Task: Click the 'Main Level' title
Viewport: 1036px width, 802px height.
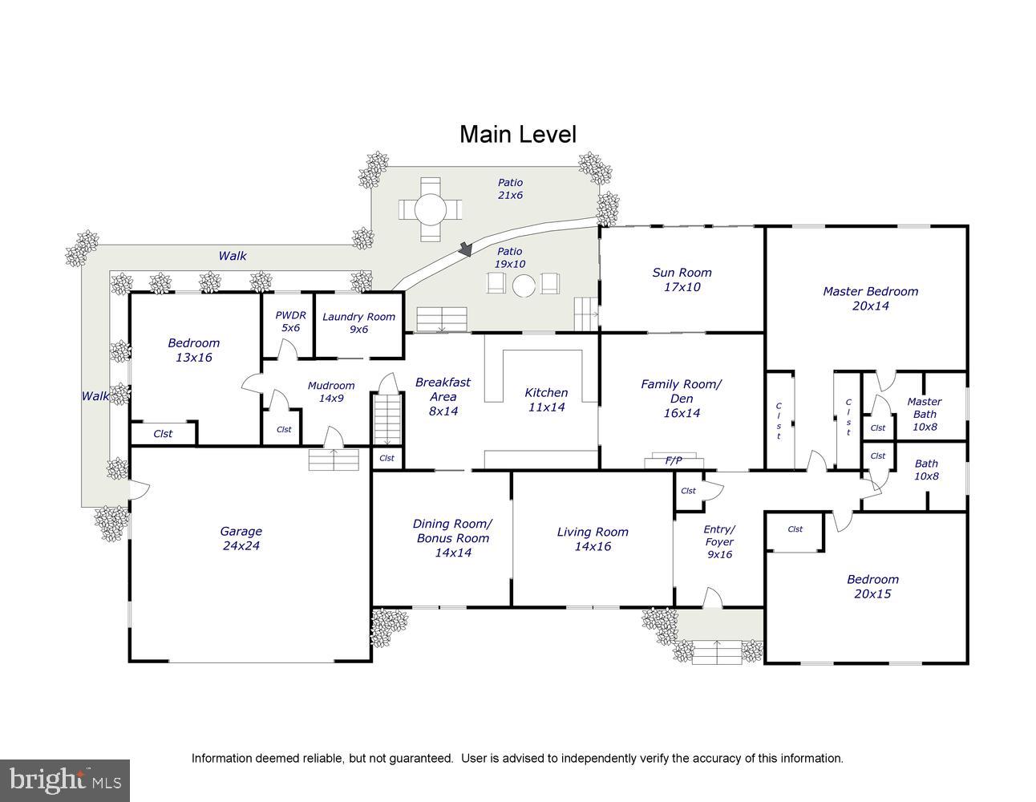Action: tap(518, 134)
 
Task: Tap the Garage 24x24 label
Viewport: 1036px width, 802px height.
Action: tap(241, 538)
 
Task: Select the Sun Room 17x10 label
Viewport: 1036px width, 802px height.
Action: tap(682, 279)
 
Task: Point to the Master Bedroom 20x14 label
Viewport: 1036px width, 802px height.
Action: tap(870, 298)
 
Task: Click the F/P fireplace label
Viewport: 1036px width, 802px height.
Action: tap(674, 460)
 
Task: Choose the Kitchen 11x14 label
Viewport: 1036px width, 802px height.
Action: tap(546, 399)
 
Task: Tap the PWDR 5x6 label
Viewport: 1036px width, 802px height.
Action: tap(290, 322)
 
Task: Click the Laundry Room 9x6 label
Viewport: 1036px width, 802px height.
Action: tap(358, 322)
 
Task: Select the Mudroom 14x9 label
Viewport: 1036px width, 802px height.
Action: tap(331, 391)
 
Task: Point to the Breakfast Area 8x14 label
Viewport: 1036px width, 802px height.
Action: tap(443, 396)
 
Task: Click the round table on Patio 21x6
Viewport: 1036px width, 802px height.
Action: tap(430, 209)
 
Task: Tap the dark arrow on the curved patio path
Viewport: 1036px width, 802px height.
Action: tap(465, 249)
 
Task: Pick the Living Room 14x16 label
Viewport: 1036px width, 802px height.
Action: tap(593, 539)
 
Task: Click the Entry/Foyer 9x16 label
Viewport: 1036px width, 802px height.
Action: tap(719, 541)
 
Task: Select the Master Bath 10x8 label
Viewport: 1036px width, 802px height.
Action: tap(925, 414)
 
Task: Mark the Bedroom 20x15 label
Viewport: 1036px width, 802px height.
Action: tap(872, 586)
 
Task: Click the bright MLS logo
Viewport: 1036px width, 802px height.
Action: tap(65, 780)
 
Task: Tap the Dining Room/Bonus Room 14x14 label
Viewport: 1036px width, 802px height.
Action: tap(452, 538)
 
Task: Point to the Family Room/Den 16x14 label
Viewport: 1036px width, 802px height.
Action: tap(682, 398)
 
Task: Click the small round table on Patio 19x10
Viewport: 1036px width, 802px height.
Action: tap(524, 286)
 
